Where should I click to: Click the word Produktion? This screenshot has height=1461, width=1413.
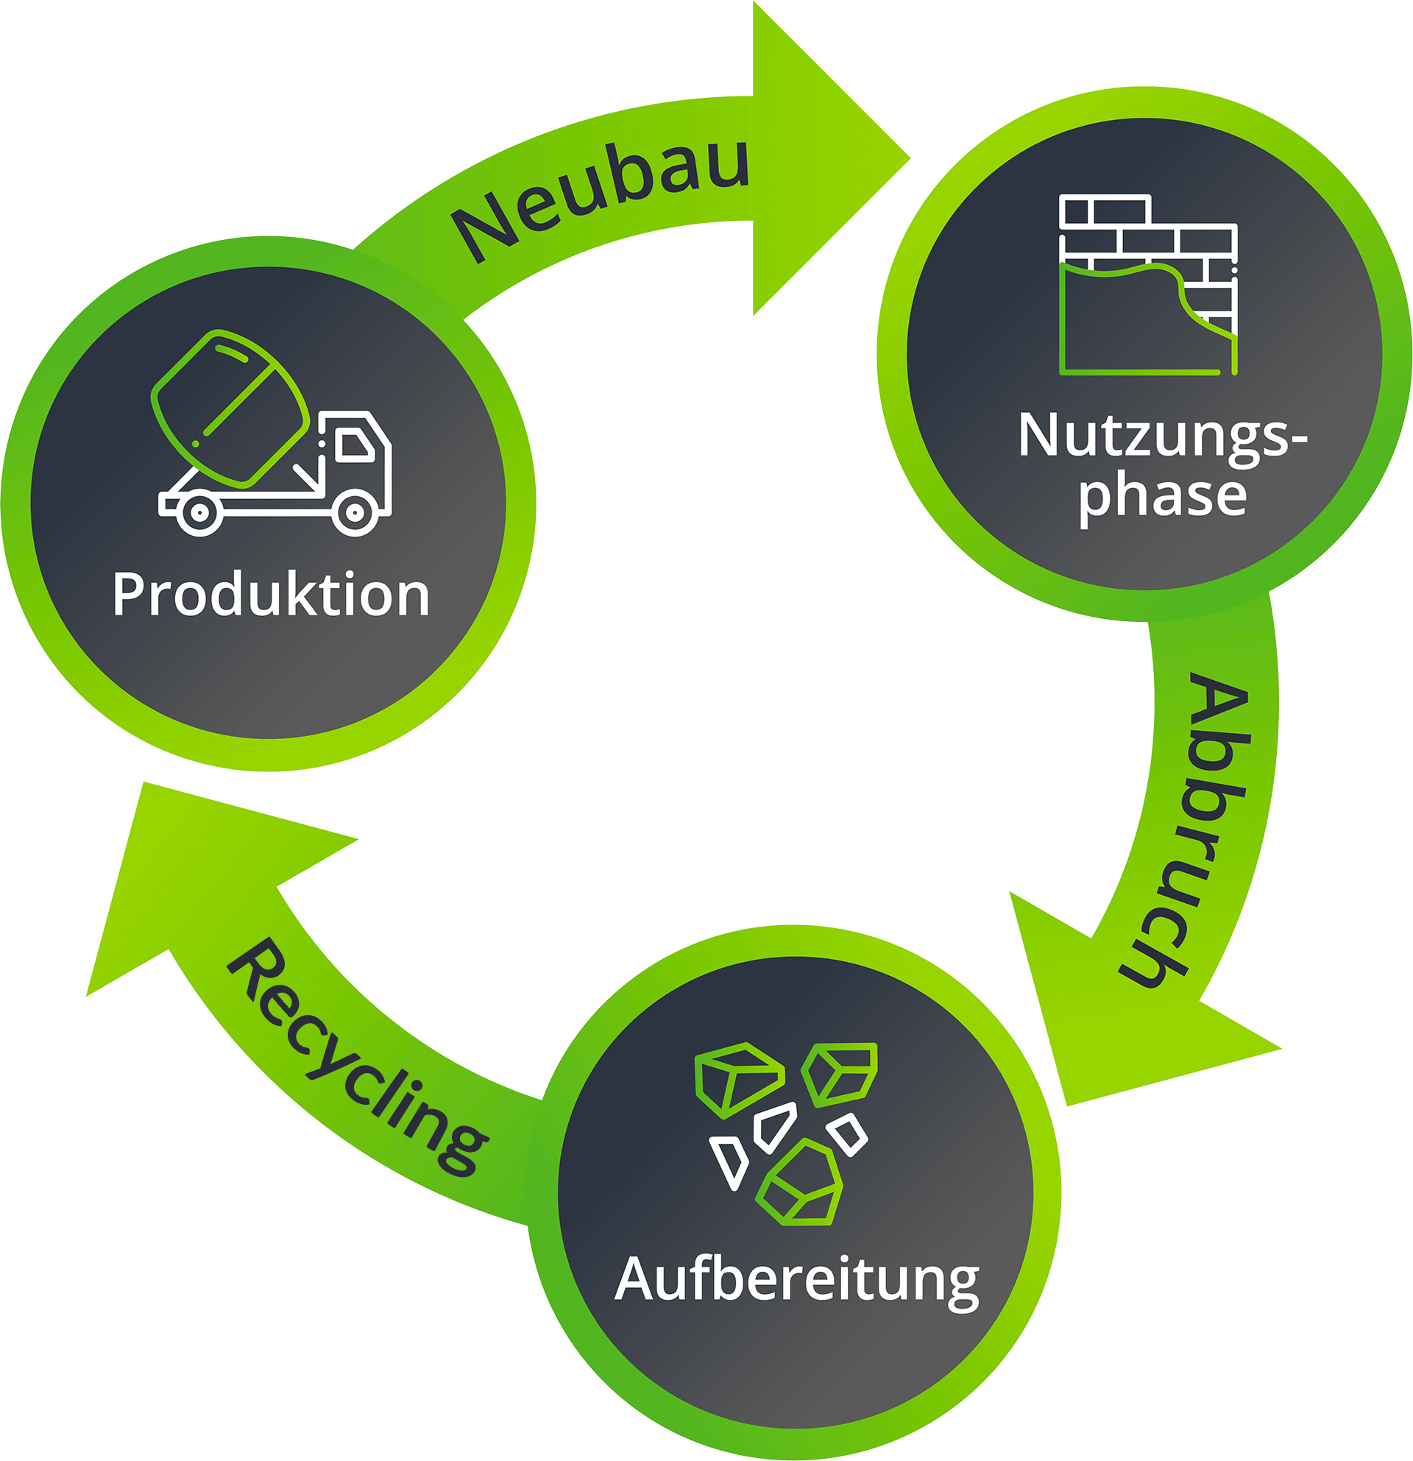click(272, 595)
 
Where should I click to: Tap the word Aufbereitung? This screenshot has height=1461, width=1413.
click(796, 1281)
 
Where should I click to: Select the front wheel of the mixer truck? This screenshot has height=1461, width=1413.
click(355, 512)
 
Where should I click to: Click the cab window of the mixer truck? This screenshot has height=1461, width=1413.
click(355, 446)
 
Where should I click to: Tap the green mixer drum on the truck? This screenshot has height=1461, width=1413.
click(231, 408)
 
